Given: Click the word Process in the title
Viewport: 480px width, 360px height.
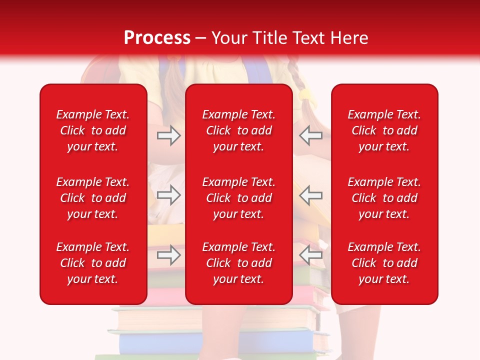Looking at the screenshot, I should [157, 38].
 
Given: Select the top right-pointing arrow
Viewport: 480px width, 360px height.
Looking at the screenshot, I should [168, 135].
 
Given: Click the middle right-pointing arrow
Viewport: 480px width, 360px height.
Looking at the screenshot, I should [168, 195].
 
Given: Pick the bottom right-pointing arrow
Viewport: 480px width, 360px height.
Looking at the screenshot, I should [168, 255].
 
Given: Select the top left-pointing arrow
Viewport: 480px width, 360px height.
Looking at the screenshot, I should [311, 135].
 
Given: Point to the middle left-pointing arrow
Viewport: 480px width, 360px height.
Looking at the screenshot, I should [311, 195].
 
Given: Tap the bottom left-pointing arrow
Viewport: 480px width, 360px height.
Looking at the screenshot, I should [311, 255].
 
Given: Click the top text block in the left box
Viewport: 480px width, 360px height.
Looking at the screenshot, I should [93, 130].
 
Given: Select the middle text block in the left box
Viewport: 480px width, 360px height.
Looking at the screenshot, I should [93, 198].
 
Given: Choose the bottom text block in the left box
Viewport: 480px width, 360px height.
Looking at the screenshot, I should [93, 263].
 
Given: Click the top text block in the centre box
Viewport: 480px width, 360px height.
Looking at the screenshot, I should [238, 130].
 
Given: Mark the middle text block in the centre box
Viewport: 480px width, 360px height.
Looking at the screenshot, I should [238, 198].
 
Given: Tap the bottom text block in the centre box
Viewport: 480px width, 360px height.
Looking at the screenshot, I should [238, 263].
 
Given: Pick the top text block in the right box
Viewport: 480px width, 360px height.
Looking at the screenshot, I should [384, 130].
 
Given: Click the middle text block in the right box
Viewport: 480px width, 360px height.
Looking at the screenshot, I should [384, 198].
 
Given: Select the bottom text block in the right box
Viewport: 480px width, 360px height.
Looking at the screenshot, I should [384, 263].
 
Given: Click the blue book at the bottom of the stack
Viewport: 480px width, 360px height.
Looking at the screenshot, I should [215, 343].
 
